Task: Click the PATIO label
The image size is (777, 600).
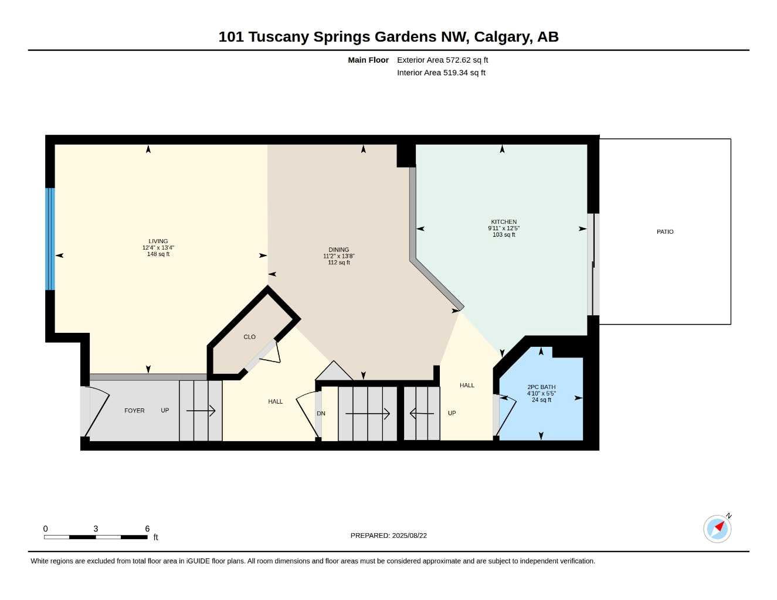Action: (665, 232)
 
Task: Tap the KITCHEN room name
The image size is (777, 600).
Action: (504, 222)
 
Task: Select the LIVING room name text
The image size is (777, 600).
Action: (158, 241)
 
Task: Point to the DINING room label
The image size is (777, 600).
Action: (338, 250)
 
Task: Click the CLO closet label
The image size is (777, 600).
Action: (249, 337)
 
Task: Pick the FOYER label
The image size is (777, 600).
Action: (134, 411)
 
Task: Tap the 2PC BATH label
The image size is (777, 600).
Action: (541, 387)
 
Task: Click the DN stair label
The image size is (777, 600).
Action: (321, 413)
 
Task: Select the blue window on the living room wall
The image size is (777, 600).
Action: (50, 239)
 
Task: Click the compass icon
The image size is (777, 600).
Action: (717, 529)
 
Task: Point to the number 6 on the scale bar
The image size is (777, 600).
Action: (147, 529)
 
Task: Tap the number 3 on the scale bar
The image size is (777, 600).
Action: (96, 529)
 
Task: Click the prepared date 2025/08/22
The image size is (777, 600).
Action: (409, 536)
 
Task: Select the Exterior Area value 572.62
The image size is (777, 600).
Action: (458, 60)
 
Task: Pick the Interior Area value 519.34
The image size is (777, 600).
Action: (456, 73)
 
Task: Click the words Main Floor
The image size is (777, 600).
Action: (368, 60)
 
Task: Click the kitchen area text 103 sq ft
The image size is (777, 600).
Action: (504, 234)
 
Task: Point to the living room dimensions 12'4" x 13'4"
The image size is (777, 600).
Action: (158, 247)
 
